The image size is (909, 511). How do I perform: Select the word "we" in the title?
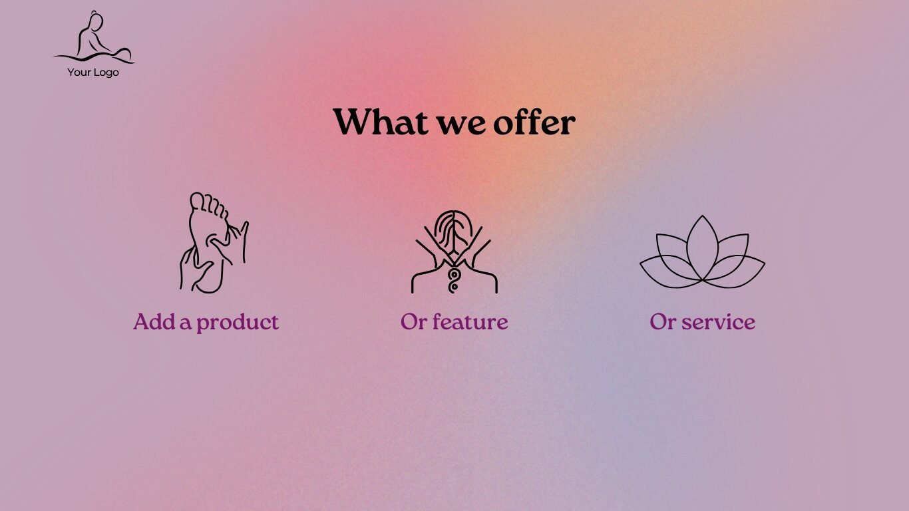tap(460, 125)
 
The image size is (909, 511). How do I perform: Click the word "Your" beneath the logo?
tap(79, 73)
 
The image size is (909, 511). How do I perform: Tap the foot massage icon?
tap(214, 242)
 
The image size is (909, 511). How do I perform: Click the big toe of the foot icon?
tap(198, 200)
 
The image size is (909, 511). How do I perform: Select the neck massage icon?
tap(454, 252)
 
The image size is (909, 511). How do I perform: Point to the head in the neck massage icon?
tap(454, 230)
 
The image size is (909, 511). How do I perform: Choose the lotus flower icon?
tap(702, 252)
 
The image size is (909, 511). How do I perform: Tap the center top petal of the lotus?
tap(703, 248)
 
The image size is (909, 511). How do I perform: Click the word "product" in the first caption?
tap(238, 323)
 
